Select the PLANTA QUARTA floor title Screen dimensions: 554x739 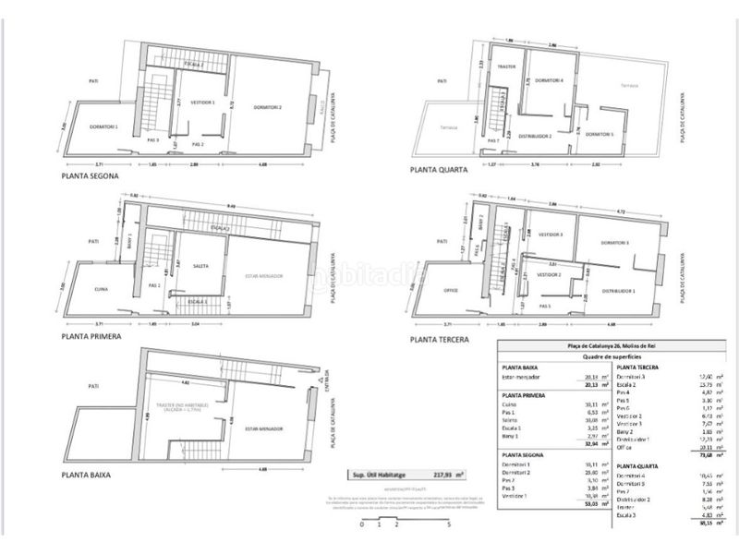pos(442,170)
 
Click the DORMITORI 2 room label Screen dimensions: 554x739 pos(267,109)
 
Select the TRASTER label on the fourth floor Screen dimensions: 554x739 pos(505,67)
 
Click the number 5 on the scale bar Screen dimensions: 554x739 pos(449,524)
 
